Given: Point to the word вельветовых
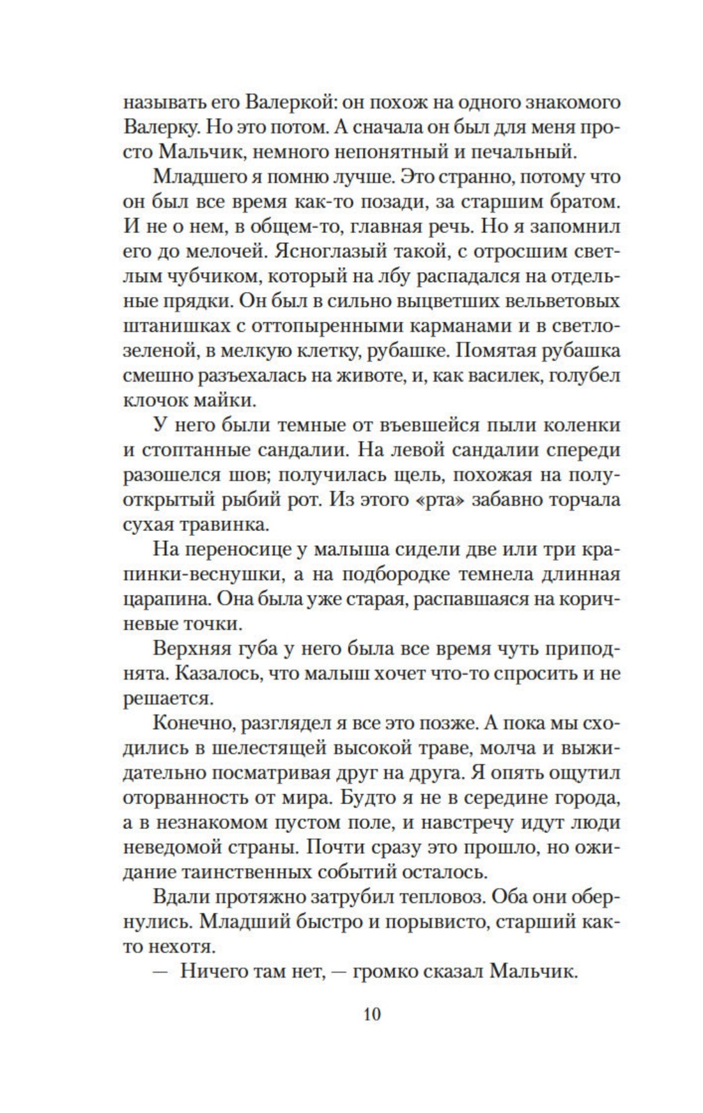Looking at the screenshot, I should [561, 302].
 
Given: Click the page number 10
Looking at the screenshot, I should [371, 1014].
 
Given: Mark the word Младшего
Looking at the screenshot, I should [201, 177].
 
